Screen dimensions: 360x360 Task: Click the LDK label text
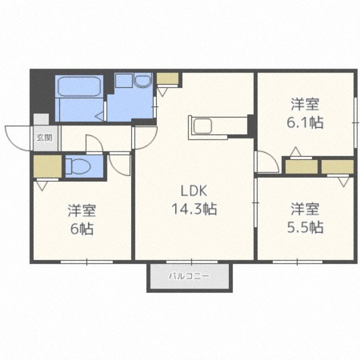tap(194, 190)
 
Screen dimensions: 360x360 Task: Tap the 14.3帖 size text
tap(194, 209)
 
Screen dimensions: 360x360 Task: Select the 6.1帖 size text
tap(305, 122)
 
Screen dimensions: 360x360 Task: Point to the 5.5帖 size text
tap(306, 227)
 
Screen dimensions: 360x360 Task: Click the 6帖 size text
tap(82, 229)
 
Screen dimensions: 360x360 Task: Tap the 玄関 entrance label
tap(44, 138)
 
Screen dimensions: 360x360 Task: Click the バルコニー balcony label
tap(189, 276)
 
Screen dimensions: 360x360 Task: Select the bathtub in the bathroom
tap(79, 86)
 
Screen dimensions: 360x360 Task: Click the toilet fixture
tap(78, 166)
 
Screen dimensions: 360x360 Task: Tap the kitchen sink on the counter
tap(202, 126)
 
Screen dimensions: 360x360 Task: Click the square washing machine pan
tap(124, 81)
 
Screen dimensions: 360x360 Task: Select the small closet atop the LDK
tap(167, 78)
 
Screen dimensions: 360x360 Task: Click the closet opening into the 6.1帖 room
tap(301, 166)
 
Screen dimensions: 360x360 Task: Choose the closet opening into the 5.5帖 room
tap(337, 166)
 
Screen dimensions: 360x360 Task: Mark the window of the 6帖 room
tap(87, 262)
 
